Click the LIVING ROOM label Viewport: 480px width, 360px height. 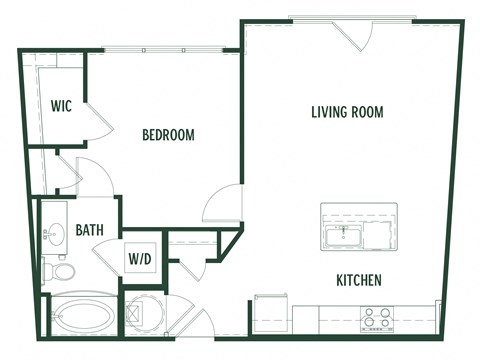347,112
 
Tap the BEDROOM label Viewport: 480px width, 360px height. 168,135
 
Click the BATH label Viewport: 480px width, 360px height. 90,230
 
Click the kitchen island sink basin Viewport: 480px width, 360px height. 342,236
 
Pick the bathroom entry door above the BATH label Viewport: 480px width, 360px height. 92,178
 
